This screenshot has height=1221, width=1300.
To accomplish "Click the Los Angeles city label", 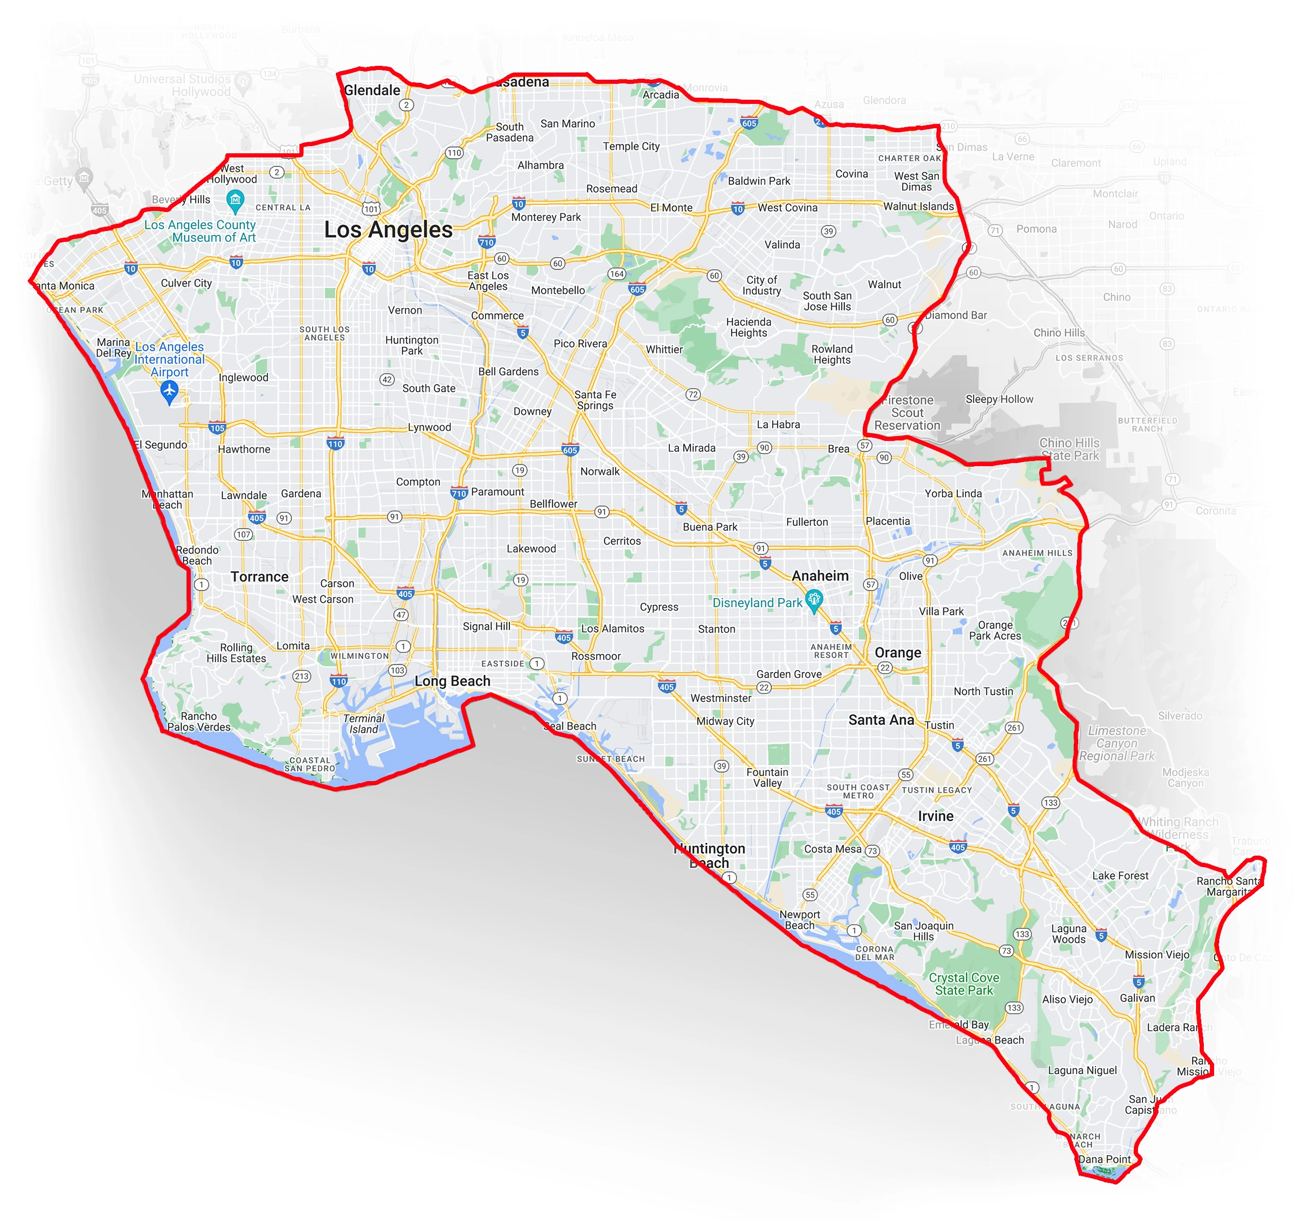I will coord(388,229).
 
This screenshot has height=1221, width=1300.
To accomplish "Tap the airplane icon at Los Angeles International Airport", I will coord(169,391).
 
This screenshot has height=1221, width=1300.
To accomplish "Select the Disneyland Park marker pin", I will coord(813,599).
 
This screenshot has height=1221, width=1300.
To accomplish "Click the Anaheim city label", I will coord(820,576).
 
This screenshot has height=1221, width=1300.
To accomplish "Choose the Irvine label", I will coord(935,816).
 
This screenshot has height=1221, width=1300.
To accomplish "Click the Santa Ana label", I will coord(881,719).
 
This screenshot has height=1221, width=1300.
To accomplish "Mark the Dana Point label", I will coord(1105,1159).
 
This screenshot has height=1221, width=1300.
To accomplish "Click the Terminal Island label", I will coord(364,723).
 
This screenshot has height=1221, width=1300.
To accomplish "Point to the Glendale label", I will coord(371,90).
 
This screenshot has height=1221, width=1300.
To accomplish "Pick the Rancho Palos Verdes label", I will coord(199,721).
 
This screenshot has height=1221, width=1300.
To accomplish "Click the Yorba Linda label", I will coord(953,493).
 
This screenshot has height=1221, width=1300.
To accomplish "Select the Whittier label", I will coord(664,349).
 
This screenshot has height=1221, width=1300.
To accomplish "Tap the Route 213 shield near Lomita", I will coord(301,676).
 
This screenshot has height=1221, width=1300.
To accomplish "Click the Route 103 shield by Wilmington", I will coord(397,670).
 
